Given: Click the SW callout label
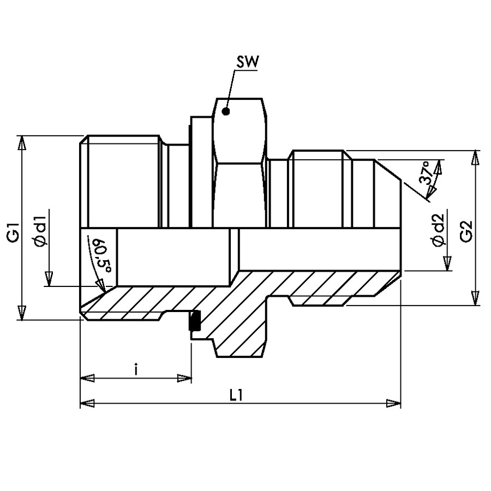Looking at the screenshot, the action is [247, 62].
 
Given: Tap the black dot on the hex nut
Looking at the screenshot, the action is [225, 111].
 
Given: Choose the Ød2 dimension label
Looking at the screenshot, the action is [437, 230].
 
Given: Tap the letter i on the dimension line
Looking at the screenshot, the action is [135, 369].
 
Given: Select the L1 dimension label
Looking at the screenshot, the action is [236, 396].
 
